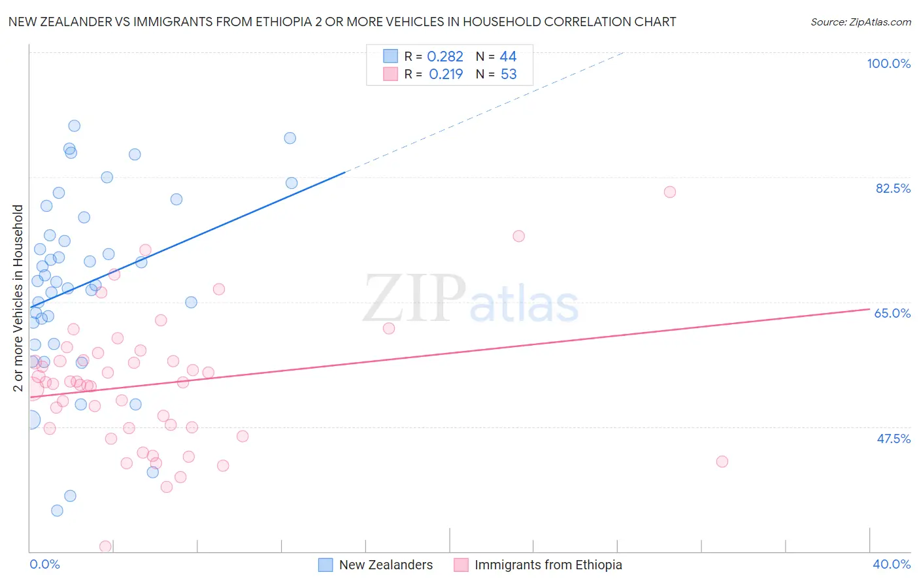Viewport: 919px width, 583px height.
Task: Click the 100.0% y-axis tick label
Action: tap(888, 63)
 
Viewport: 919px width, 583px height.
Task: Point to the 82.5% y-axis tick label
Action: tap(893, 188)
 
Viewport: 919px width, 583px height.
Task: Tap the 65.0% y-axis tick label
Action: tap(892, 313)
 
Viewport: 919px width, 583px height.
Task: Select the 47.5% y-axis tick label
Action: tap(893, 439)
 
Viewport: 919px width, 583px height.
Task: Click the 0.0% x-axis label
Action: tap(44, 564)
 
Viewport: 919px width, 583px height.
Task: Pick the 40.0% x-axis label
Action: tap(892, 564)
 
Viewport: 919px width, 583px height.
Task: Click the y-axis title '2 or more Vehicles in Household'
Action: tap(18, 298)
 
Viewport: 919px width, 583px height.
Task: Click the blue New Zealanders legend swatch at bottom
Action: tap(326, 565)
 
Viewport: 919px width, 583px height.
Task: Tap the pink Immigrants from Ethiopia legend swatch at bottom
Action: tap(461, 565)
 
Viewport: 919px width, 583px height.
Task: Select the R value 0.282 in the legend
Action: tap(444, 57)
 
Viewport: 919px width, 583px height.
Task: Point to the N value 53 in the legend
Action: tap(509, 75)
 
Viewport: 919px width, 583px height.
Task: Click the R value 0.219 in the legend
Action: tap(446, 75)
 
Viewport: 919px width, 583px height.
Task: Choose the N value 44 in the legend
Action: tap(508, 57)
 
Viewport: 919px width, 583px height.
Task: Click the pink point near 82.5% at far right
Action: tap(669, 192)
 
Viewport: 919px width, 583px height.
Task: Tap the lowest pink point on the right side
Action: tap(722, 461)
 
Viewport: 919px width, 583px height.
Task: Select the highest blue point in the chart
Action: tap(75, 126)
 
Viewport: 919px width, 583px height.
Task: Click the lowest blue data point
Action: tap(58, 510)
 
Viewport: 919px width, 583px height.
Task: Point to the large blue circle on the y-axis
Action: tap(30, 420)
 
